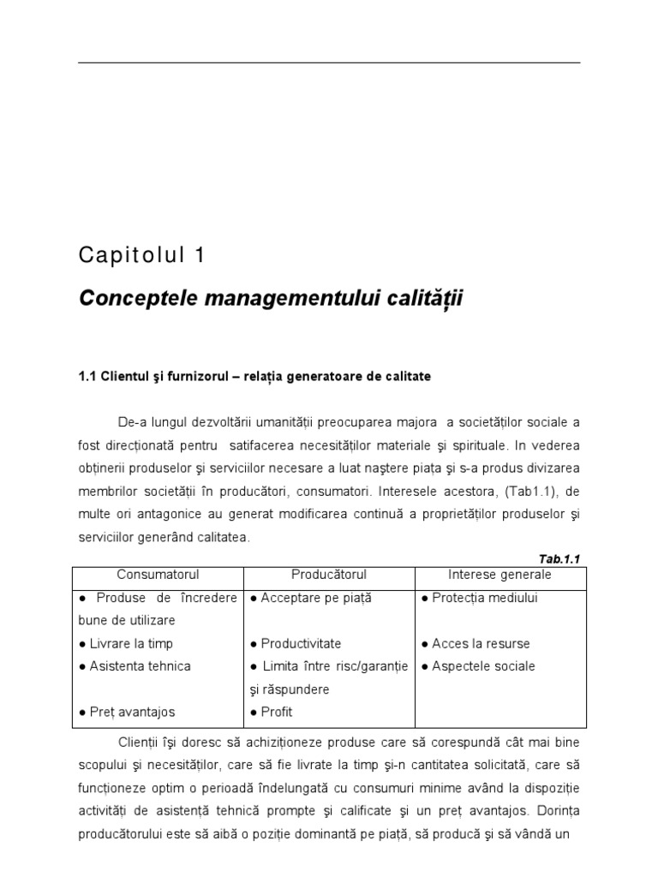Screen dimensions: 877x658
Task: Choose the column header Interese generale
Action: pos(500,575)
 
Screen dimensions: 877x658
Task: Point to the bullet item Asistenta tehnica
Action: pos(134,665)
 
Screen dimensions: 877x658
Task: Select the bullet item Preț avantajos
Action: pos(126,712)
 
